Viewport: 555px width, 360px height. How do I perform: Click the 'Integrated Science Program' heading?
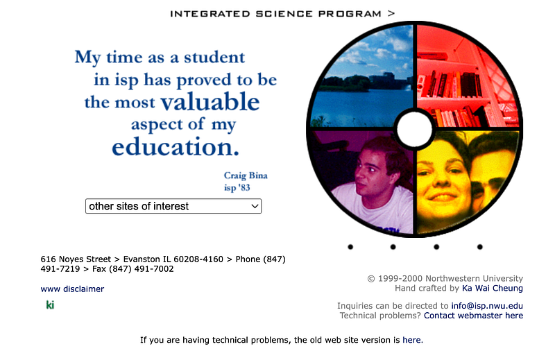pyautogui.click(x=275, y=14)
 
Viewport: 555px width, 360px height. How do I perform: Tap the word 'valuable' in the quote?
pyautogui.click(x=210, y=101)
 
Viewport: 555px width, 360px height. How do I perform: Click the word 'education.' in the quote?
pyautogui.click(x=176, y=147)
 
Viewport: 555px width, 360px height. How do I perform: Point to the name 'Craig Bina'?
pyautogui.click(x=246, y=175)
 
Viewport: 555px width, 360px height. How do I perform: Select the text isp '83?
pyautogui.click(x=237, y=187)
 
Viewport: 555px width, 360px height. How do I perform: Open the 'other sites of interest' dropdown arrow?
pyautogui.click(x=255, y=206)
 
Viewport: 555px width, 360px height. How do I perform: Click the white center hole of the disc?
pyautogui.click(x=414, y=129)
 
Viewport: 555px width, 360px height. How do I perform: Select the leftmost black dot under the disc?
pyautogui.click(x=350, y=247)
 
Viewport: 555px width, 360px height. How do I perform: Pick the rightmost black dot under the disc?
pyautogui.click(x=479, y=247)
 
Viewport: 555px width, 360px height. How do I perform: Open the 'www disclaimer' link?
pyautogui.click(x=72, y=289)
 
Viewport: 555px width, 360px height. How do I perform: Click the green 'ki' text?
pyautogui.click(x=50, y=305)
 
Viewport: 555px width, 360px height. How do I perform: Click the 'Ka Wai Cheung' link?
pyautogui.click(x=493, y=288)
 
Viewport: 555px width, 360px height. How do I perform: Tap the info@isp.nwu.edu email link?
pyautogui.click(x=487, y=306)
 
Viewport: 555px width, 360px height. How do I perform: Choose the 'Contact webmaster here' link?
pyautogui.click(x=474, y=316)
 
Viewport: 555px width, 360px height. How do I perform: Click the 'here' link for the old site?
pyautogui.click(x=411, y=340)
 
